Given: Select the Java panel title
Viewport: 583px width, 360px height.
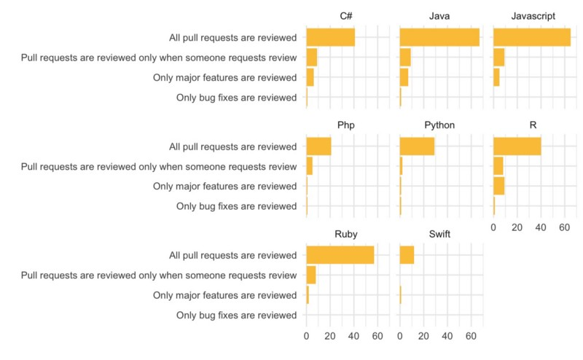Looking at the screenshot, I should pyautogui.click(x=439, y=16).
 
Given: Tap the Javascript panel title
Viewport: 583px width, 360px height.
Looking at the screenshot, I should pyautogui.click(x=534, y=16).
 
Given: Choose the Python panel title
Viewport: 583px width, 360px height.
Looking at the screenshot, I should pyautogui.click(x=439, y=125).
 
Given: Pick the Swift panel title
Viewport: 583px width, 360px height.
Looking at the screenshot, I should pyautogui.click(x=439, y=234).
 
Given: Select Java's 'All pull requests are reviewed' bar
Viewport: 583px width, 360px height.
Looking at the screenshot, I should pyautogui.click(x=439, y=37).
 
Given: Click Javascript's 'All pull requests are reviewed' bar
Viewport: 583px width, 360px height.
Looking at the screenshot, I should pyautogui.click(x=532, y=37).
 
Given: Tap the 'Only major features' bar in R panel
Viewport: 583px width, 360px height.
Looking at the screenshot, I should pyautogui.click(x=498, y=186).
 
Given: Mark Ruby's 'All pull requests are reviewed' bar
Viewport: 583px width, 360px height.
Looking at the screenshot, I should pyautogui.click(x=340, y=255).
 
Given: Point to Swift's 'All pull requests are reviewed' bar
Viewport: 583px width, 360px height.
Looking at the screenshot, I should pyautogui.click(x=407, y=255).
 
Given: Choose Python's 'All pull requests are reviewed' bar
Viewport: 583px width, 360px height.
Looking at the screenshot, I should pyautogui.click(x=417, y=146).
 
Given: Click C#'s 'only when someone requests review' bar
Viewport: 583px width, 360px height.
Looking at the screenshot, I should pyautogui.click(x=312, y=57).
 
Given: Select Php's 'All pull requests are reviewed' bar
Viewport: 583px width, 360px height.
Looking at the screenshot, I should pyautogui.click(x=319, y=146).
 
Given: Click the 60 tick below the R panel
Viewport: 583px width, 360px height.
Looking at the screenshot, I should pyautogui.click(x=564, y=228).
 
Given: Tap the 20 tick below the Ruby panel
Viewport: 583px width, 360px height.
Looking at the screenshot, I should pyautogui.click(x=330, y=337).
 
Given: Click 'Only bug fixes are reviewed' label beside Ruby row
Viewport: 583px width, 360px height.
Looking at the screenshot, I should pyautogui.click(x=237, y=315).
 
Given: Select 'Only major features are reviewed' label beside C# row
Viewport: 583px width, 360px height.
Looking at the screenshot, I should pyautogui.click(x=225, y=77).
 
